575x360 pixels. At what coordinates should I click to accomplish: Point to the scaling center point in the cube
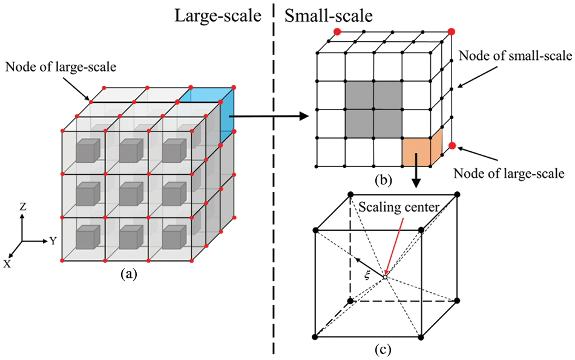tap(385, 278)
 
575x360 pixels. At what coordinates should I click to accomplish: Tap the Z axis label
tap(23, 207)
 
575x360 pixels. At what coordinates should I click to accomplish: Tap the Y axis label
tap(53, 241)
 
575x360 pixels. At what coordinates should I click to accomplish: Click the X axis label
tap(7, 263)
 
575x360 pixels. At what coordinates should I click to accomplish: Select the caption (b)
tap(384, 180)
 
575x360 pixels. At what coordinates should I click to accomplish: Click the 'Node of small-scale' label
tap(514, 56)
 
